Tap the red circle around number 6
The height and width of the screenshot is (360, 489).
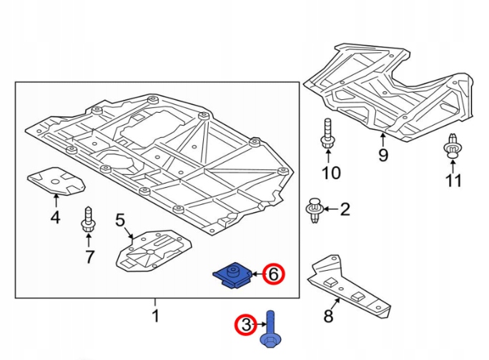pos(272,273)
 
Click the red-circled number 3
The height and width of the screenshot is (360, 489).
pos(245,326)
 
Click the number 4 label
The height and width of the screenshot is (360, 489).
pos(55,217)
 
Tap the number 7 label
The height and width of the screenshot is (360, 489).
pos(89,256)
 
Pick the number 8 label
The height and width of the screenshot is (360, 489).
pos(328,315)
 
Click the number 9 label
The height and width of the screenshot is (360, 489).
pos(382,155)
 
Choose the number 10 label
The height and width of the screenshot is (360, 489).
pos(331,173)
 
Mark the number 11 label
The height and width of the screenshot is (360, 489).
pos(453,180)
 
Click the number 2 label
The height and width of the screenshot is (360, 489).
pos(345,209)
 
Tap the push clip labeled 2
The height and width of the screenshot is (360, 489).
pos(315,210)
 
